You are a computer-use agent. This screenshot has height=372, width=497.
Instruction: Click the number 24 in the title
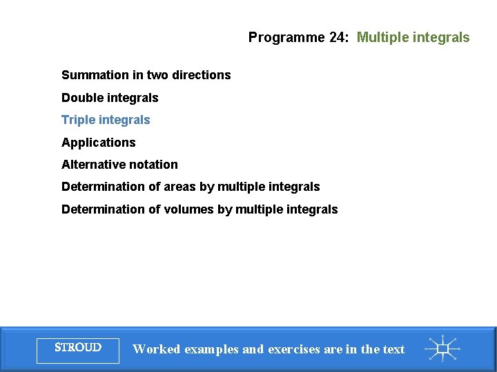click(x=338, y=38)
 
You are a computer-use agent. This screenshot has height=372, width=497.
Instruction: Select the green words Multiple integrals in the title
click(x=413, y=38)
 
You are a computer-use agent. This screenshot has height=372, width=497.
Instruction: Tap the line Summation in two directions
click(x=146, y=75)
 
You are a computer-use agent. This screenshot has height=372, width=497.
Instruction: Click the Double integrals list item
click(x=110, y=98)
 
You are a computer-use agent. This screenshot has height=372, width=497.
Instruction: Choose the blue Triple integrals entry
click(x=106, y=120)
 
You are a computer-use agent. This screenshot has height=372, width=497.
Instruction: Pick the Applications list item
click(x=99, y=143)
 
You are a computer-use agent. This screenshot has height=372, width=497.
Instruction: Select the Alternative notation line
click(x=119, y=165)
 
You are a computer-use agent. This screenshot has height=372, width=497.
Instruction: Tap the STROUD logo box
click(x=78, y=348)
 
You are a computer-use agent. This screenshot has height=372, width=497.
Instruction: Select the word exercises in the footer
click(x=293, y=349)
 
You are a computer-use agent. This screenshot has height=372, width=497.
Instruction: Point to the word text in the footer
click(x=393, y=349)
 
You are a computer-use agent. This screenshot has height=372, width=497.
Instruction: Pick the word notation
click(x=153, y=165)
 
